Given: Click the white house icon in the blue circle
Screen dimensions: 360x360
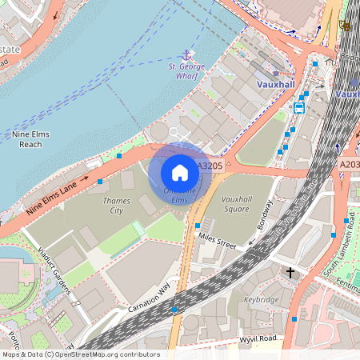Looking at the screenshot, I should tap(180, 172).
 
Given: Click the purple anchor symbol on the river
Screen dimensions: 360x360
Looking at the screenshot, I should tap(186, 54).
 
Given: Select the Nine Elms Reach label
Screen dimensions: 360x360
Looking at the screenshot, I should tap(30, 139).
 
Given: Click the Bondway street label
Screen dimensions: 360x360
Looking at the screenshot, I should tap(266, 214).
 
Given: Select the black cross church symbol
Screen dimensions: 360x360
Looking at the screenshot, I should tap(290, 274).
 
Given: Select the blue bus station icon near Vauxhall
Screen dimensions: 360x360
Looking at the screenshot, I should tap(299, 108).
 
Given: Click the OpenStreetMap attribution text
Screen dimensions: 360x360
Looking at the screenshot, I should tap(80, 354).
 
